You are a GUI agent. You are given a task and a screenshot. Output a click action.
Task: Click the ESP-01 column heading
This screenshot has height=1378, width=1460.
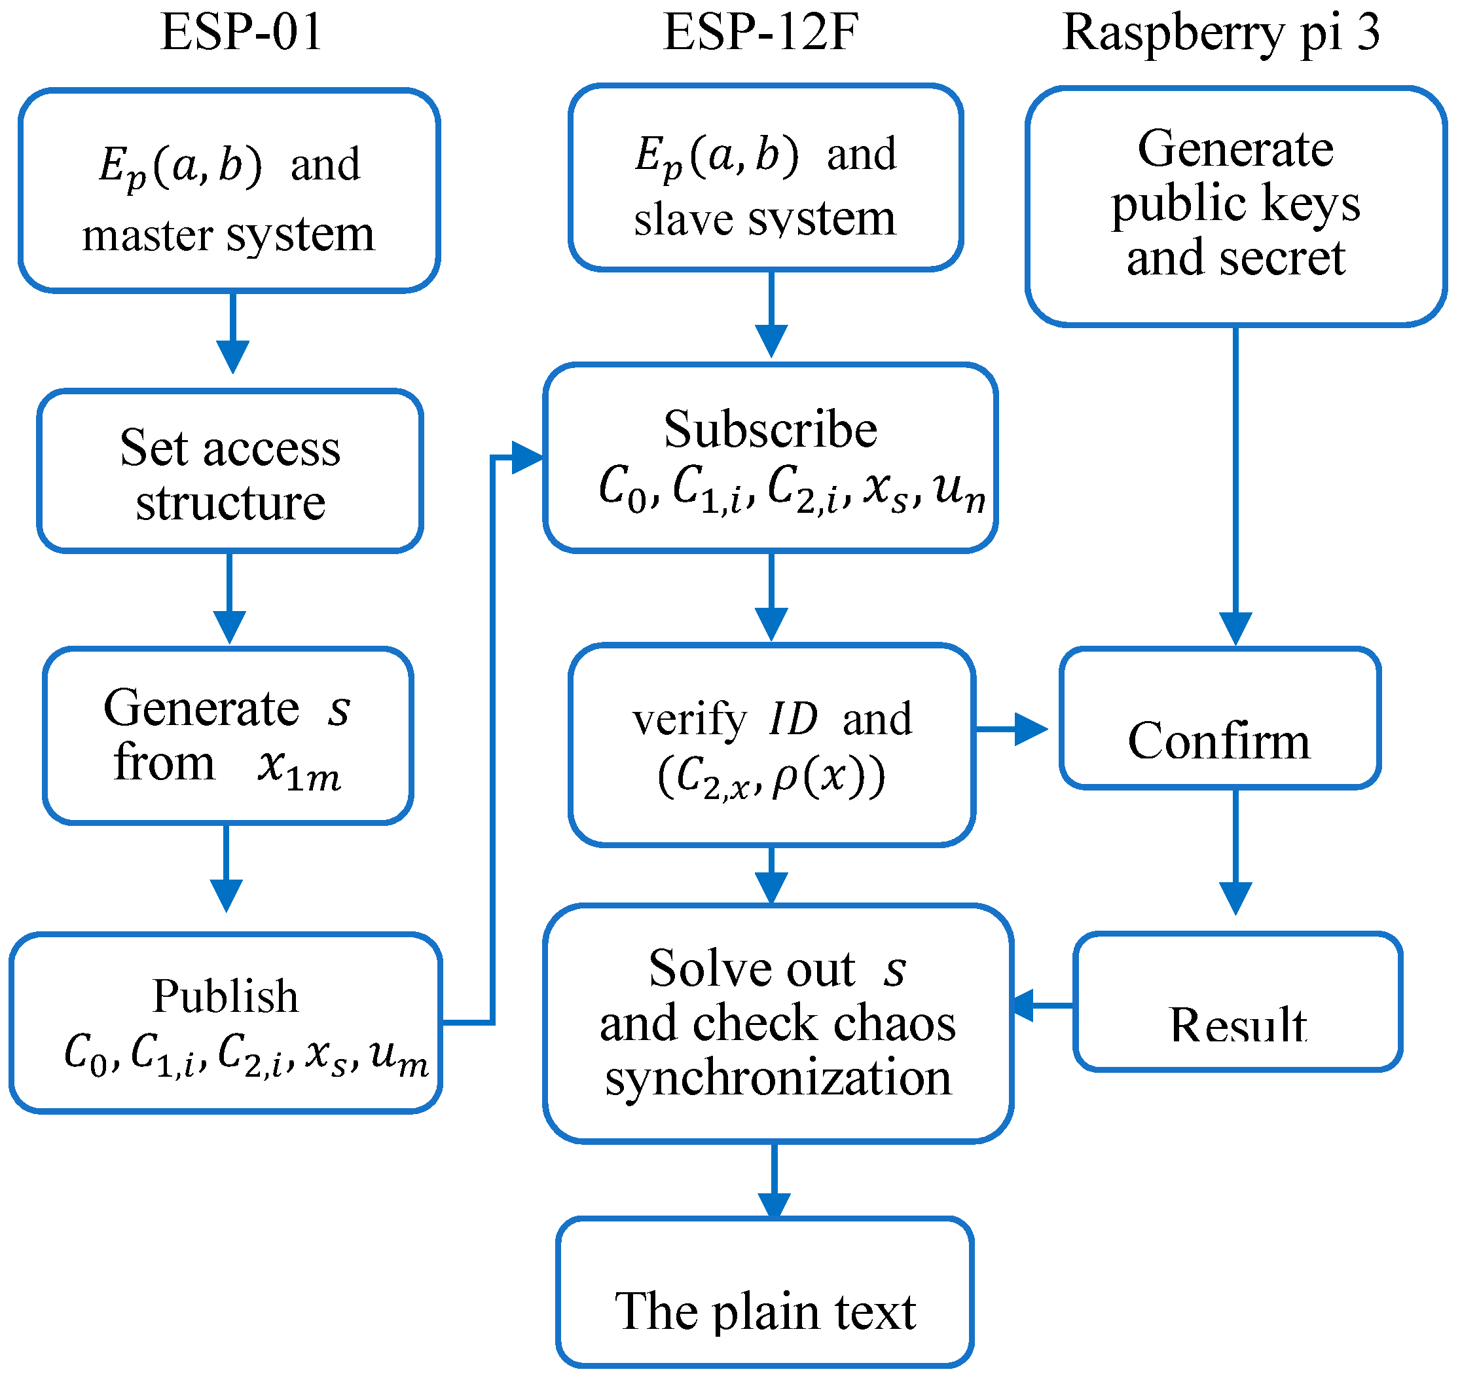click(242, 33)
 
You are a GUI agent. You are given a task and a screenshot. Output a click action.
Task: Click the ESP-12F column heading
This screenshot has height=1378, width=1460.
click(761, 33)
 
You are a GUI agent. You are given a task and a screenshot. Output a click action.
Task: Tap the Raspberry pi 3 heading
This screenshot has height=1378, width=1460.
click(1220, 33)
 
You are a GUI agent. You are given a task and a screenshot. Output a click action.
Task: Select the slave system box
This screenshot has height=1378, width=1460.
click(765, 177)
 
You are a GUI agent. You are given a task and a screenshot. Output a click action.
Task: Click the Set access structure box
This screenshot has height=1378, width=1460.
click(230, 472)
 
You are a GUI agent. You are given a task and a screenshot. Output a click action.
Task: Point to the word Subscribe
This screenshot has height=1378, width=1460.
click(771, 429)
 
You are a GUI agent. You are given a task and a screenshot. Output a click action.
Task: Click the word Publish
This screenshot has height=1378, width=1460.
click(225, 997)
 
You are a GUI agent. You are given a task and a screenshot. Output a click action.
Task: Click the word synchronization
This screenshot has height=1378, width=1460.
click(778, 1078)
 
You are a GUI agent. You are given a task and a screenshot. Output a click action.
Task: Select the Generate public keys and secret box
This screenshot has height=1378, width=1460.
click(1236, 206)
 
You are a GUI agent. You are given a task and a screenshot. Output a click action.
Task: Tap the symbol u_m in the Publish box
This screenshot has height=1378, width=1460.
click(398, 1058)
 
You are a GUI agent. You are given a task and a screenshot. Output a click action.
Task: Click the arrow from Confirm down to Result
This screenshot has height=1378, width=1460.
click(1236, 852)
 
